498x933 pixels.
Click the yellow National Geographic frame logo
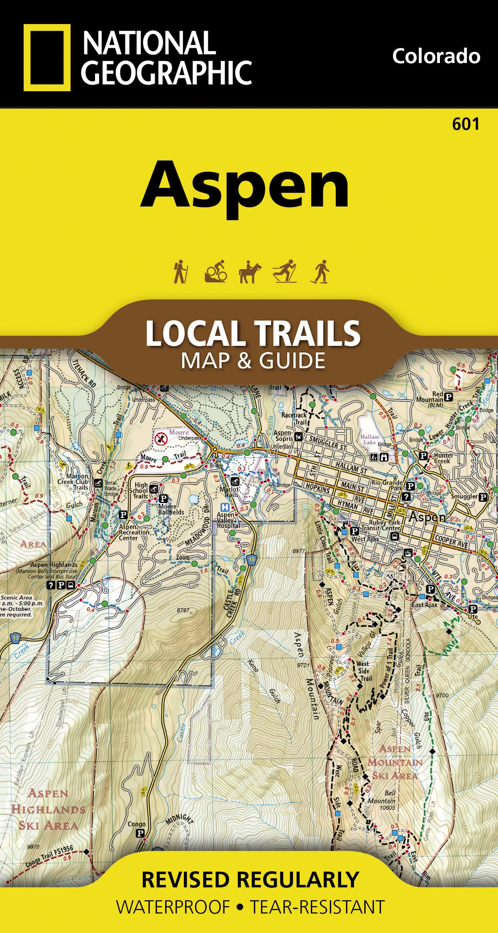point(47,57)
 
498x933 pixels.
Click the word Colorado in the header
point(436,56)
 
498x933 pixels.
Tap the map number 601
point(466,124)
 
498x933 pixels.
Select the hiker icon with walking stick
point(181,272)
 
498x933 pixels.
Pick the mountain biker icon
point(216,272)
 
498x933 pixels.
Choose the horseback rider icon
point(250,272)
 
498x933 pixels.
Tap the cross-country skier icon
point(285,272)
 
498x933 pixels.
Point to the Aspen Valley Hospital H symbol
point(225,507)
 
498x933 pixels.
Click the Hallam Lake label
point(369,439)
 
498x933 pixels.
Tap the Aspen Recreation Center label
point(134,532)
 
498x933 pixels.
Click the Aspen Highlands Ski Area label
point(48,809)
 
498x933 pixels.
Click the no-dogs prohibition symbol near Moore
point(161,437)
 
